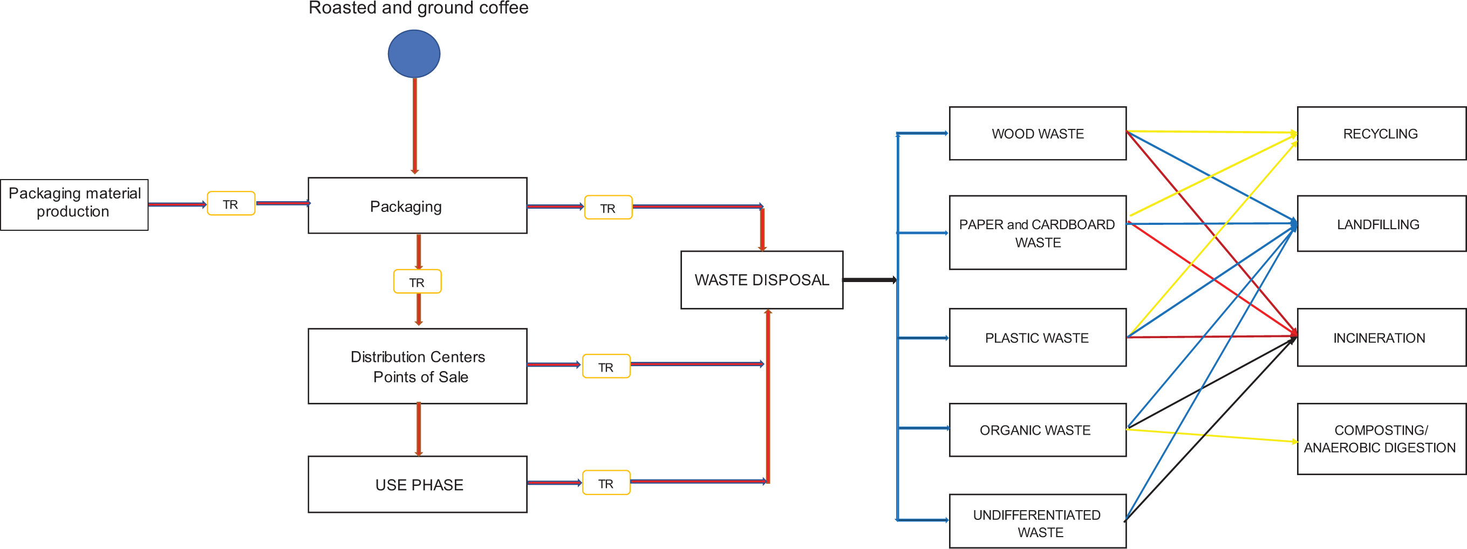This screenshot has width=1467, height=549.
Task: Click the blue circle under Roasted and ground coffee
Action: (414, 53)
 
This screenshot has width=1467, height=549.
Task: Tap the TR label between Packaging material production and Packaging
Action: (230, 204)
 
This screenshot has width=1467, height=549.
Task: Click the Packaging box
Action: (418, 205)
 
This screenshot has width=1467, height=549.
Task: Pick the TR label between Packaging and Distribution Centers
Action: (417, 282)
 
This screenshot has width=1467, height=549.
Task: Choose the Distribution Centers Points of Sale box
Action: (418, 366)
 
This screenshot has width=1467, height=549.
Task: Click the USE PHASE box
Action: (418, 485)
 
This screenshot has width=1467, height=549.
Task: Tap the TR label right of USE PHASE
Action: (606, 483)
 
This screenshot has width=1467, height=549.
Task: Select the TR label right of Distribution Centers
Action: (606, 367)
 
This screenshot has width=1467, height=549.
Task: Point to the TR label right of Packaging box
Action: (608, 208)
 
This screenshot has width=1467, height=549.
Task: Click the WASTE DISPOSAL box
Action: (761, 280)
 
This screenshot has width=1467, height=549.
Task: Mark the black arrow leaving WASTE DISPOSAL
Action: (870, 280)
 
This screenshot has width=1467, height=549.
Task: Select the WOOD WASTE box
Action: (1037, 134)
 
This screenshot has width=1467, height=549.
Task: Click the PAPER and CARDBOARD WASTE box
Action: (1037, 233)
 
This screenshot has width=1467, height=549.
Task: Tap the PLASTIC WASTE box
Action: (1037, 338)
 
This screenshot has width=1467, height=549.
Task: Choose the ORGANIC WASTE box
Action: (1037, 430)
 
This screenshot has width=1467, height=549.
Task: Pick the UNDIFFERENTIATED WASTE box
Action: (1037, 521)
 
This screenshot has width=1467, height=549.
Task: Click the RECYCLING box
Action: (1381, 134)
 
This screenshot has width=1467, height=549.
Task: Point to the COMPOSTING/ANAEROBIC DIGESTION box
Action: (1381, 438)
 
